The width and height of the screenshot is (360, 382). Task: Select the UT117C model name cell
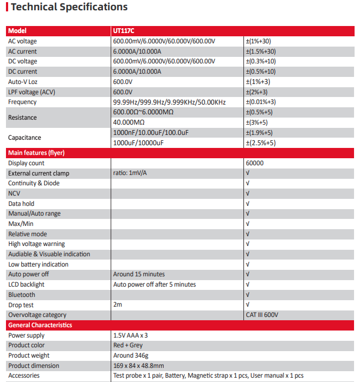(x=124, y=31)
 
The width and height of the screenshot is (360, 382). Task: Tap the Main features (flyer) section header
(x=36, y=153)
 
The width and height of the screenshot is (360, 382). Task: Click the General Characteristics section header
(x=40, y=325)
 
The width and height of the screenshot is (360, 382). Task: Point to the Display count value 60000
(x=255, y=163)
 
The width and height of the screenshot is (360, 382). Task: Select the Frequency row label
(x=22, y=102)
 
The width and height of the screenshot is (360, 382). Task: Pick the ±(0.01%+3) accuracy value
(x=261, y=102)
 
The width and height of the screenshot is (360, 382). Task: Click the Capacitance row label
(x=24, y=138)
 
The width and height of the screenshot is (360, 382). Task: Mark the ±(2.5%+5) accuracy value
(x=261, y=143)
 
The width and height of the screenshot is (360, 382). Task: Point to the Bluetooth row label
(x=22, y=295)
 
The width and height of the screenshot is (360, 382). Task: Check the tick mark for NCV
(x=248, y=193)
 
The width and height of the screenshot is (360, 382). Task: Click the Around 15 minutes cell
(x=139, y=274)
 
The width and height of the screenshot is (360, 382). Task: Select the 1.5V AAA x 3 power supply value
(x=131, y=335)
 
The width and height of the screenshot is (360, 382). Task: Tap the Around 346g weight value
(x=131, y=355)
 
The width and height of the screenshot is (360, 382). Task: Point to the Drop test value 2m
(x=118, y=305)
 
